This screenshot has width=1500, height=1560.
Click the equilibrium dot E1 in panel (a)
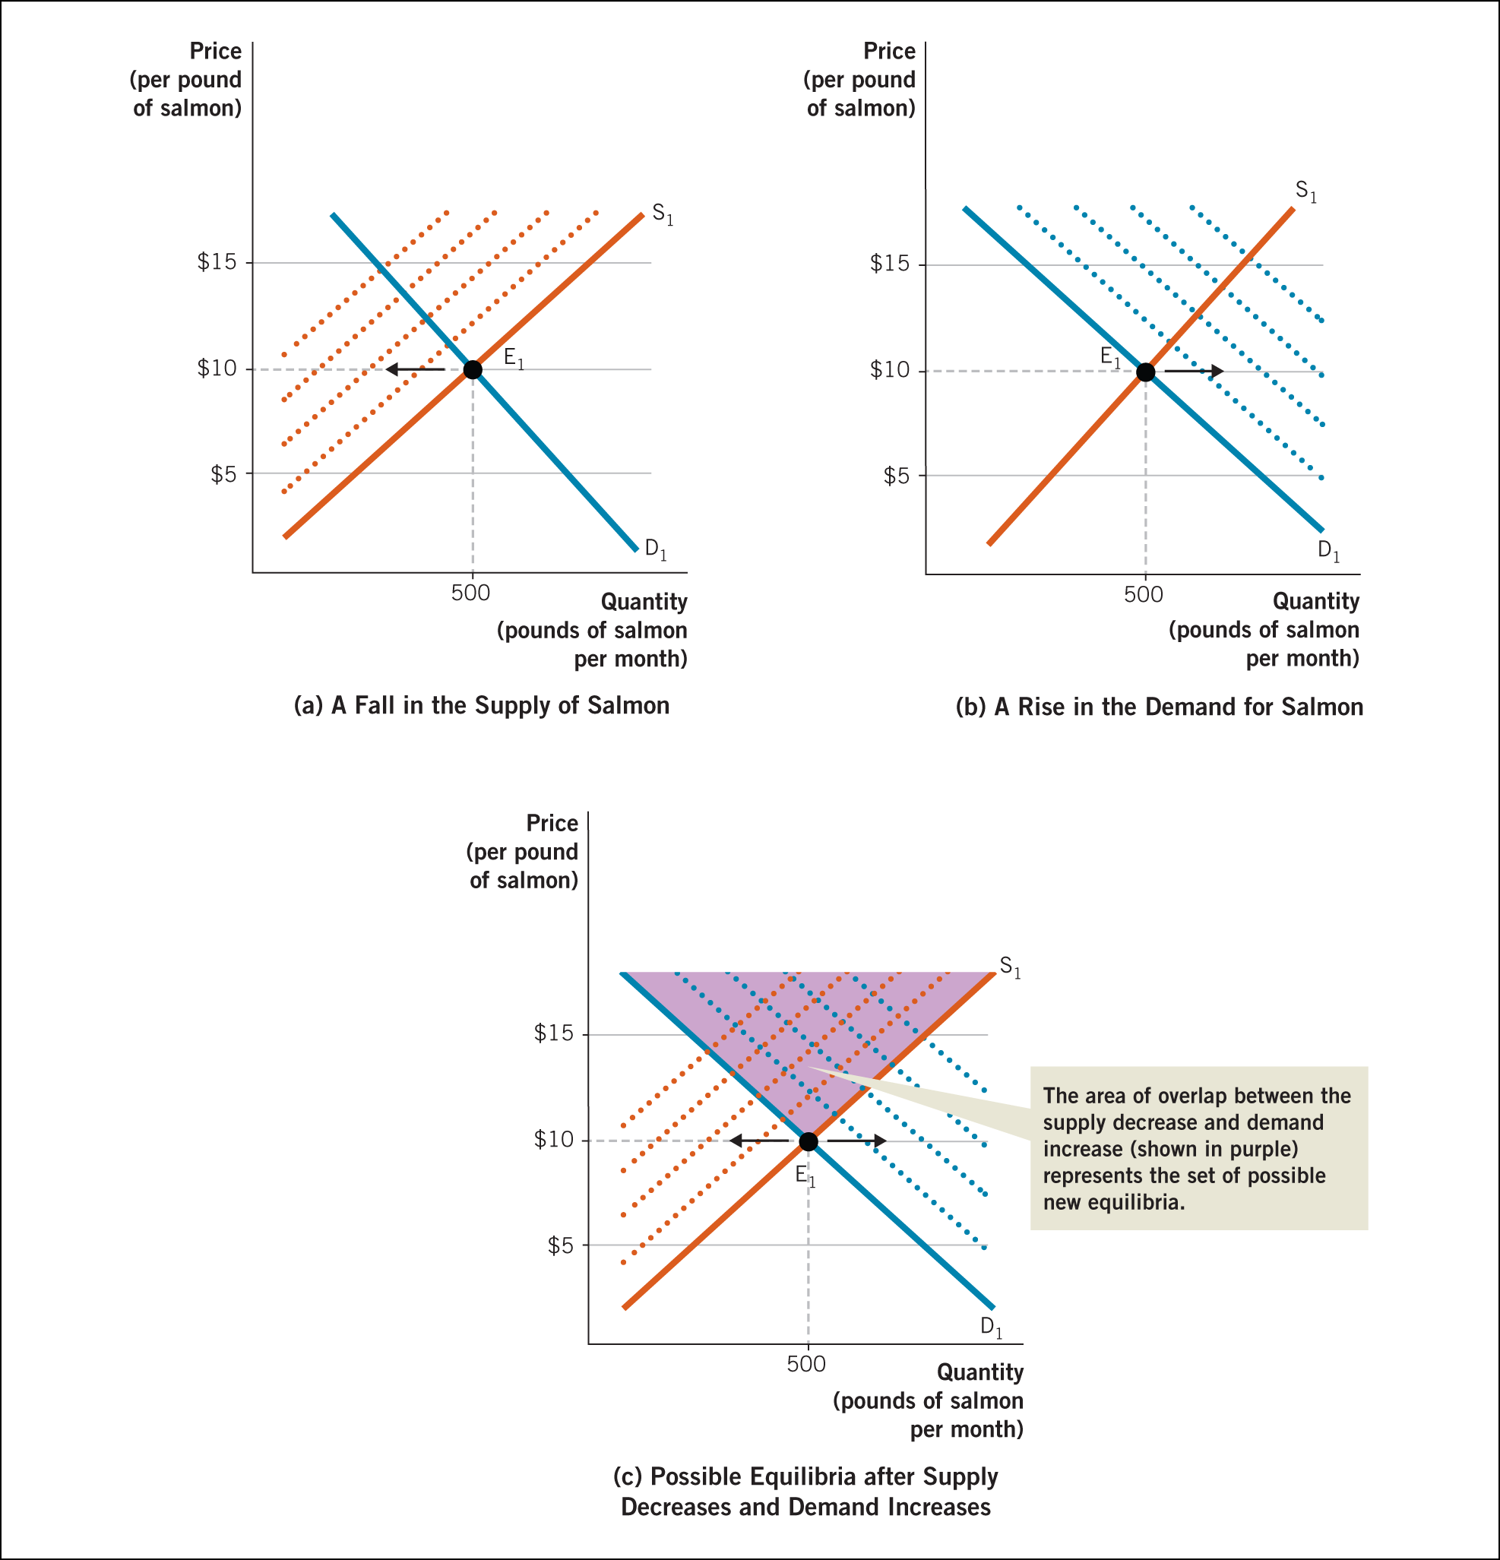(x=472, y=369)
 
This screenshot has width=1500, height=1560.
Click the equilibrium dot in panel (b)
(x=1145, y=372)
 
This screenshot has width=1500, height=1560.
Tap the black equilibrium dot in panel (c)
(x=808, y=1141)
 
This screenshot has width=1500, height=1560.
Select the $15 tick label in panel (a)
(x=217, y=262)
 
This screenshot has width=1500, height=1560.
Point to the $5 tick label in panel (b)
(x=895, y=476)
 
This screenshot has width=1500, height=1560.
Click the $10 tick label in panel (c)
(x=553, y=1140)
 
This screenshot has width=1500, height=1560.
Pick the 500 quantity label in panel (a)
(x=470, y=593)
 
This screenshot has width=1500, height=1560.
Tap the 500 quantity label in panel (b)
(x=1143, y=594)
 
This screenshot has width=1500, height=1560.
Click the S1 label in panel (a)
(x=662, y=214)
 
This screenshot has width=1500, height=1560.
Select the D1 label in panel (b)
(x=1328, y=550)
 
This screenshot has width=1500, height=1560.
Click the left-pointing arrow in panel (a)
(x=415, y=369)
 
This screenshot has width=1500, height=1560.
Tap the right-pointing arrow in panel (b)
(x=1194, y=371)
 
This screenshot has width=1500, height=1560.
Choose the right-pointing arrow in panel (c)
(x=856, y=1141)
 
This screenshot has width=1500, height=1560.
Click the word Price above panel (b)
(x=889, y=52)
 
